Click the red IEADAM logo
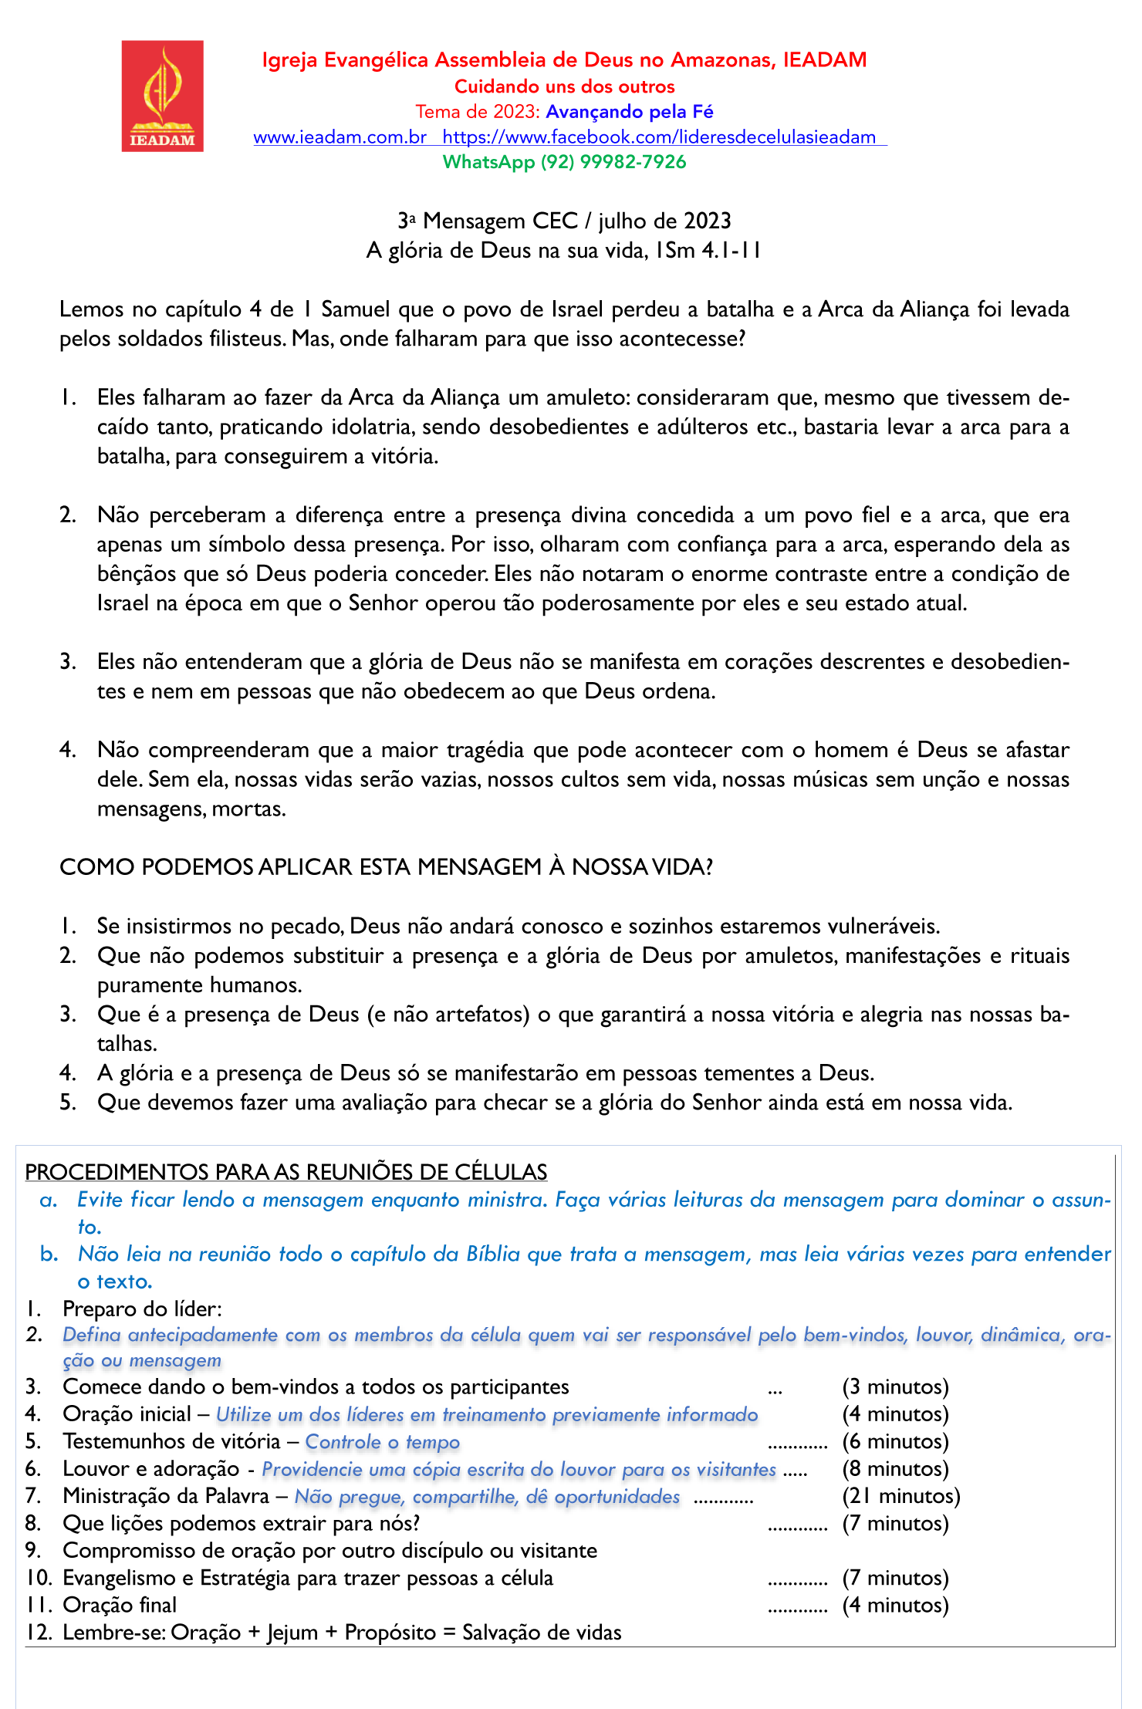click(162, 96)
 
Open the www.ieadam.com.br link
click(340, 137)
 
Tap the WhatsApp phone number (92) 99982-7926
click(613, 162)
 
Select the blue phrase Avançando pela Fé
click(629, 112)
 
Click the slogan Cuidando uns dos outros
click(564, 86)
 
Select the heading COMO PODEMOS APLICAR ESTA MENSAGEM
click(386, 867)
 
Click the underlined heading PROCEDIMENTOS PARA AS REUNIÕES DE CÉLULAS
click(285, 1171)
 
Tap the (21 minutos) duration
click(900, 1496)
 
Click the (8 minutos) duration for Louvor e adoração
click(895, 1468)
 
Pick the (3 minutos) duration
click(895, 1386)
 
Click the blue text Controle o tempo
click(382, 1441)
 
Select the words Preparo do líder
click(142, 1309)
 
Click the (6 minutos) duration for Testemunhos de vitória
click(895, 1441)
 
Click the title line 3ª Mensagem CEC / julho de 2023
click(564, 221)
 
